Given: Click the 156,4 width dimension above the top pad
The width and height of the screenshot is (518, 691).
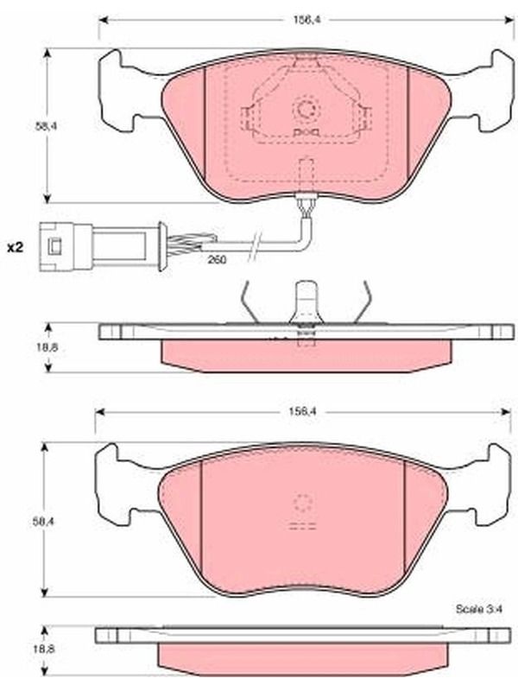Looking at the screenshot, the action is click(306, 20).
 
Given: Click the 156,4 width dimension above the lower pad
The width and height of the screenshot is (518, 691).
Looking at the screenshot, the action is click(303, 411).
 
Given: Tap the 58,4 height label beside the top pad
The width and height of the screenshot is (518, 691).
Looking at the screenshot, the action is click(47, 125).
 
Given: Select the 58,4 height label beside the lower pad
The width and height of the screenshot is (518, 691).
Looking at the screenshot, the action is click(44, 521).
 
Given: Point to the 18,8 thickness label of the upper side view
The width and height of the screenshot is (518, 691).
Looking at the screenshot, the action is click(47, 347).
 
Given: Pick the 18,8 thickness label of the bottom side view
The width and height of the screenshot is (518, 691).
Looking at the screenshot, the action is click(44, 649).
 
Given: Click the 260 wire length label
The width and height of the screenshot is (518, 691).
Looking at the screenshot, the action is click(217, 260).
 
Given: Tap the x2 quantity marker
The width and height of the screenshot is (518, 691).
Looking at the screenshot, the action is click(15, 248).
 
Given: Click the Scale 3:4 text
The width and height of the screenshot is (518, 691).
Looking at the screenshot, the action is click(479, 609).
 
